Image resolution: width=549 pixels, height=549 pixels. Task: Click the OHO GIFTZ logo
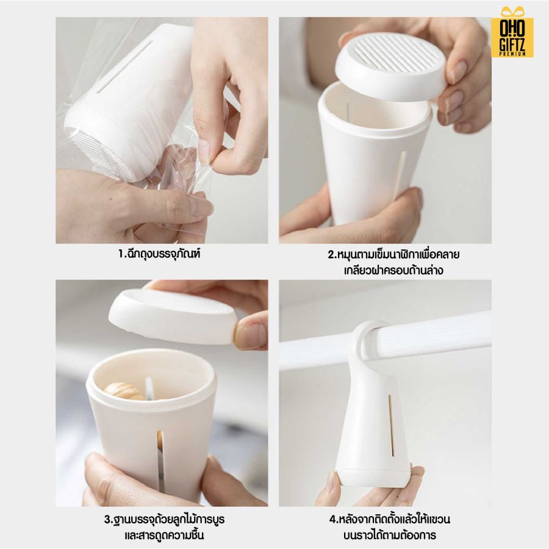(512, 32)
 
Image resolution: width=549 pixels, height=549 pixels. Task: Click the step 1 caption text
(159, 254)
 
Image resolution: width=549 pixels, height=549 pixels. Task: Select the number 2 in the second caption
(331, 254)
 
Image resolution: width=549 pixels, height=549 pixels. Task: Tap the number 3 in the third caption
(107, 519)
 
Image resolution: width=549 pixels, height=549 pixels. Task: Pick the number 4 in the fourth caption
(332, 519)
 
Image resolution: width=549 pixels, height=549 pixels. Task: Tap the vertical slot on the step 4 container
(391, 425)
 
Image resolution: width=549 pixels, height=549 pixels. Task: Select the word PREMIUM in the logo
(512, 54)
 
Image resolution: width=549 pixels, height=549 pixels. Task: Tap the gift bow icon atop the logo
(512, 12)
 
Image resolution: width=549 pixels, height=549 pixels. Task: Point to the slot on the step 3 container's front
(160, 461)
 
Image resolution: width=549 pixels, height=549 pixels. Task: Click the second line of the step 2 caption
(393, 270)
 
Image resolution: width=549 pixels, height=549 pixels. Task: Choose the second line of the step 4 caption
(390, 535)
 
